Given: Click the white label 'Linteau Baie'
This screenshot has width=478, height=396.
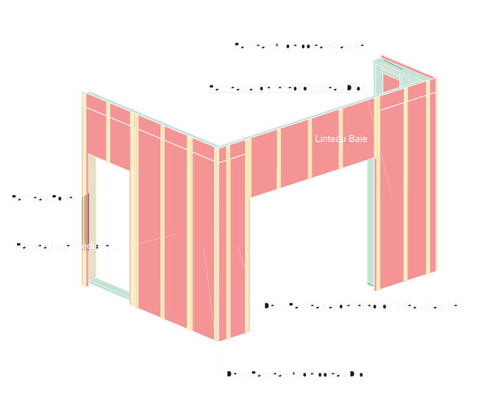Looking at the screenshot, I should [340, 138].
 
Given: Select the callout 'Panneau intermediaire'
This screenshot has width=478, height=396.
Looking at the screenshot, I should [63, 246].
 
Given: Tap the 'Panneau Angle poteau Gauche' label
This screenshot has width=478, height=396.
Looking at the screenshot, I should [299, 46].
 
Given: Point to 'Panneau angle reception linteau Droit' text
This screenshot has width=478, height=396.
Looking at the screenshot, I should [287, 88].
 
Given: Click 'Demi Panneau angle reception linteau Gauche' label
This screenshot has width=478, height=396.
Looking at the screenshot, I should [360, 305].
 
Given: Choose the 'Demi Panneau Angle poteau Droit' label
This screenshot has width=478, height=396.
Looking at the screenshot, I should [297, 375].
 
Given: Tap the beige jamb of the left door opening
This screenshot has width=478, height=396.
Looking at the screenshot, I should [93, 221].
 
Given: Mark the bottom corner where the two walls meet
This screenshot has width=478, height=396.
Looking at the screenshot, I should [217, 340].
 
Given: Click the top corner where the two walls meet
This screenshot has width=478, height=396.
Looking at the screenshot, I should [217, 146].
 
